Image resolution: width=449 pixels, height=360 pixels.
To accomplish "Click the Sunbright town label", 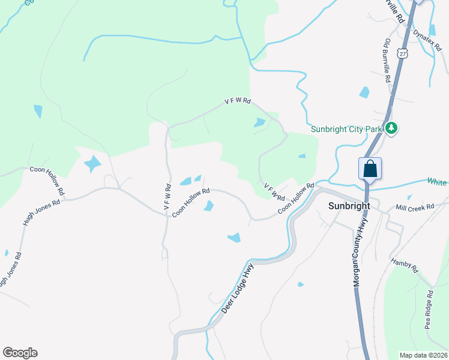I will (x=349, y=205).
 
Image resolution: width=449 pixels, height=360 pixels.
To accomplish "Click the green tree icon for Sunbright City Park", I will (x=391, y=128).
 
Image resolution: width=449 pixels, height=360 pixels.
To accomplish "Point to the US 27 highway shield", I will (x=403, y=54).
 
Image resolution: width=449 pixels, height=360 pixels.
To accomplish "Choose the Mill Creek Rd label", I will (x=415, y=208).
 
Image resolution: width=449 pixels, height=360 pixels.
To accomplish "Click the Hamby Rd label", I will (x=404, y=265).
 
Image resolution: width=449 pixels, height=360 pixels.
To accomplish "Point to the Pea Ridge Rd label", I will (x=429, y=310).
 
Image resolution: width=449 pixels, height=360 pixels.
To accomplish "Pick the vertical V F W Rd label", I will (x=167, y=196).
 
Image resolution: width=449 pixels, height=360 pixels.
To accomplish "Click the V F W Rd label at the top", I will (x=237, y=101).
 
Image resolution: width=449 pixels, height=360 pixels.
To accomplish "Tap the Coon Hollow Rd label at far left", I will (x=47, y=178).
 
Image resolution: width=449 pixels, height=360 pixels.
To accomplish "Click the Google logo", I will (x=20, y=353).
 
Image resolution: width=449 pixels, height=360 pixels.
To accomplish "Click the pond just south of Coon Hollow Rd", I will (x=208, y=206).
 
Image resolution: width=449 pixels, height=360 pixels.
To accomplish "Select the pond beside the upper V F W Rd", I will (x=261, y=122).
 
